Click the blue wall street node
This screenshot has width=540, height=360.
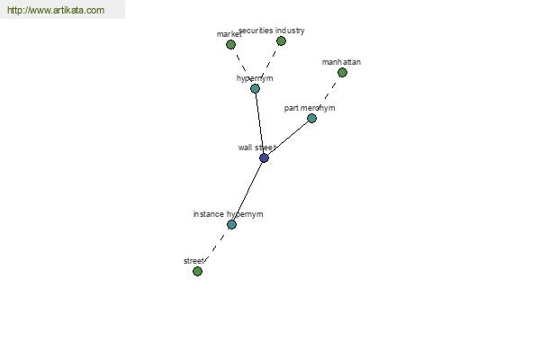point(264,158)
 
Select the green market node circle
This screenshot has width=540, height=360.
point(230,44)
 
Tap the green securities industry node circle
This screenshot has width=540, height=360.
point(281,41)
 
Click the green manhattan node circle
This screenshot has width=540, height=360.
point(342,72)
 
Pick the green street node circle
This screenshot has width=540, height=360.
point(197,272)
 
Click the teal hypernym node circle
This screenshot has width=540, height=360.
point(256,88)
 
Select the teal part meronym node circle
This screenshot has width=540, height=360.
point(311,118)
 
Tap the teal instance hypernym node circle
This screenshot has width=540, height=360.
point(232,225)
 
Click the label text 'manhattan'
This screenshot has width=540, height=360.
point(341,62)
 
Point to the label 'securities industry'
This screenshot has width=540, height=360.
point(272,31)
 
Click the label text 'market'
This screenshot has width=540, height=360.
point(229,34)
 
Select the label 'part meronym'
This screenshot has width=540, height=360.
point(310,108)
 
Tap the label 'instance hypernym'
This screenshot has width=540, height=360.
point(228,214)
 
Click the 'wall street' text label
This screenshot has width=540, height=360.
point(256,148)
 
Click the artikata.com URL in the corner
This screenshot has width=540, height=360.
point(56,10)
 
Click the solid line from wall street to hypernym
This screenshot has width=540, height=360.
point(260,123)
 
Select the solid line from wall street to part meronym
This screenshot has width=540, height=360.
point(288,138)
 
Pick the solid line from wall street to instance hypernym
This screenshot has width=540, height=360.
point(248,191)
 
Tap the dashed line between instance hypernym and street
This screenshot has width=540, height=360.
point(214,248)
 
